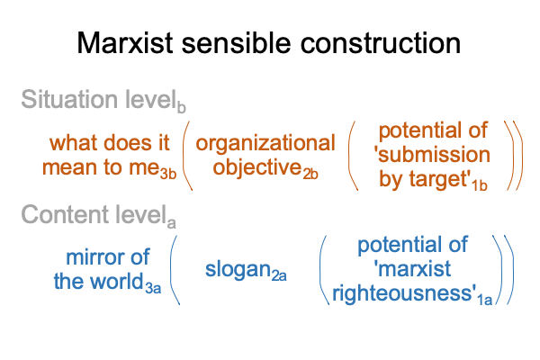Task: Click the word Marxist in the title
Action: (x=125, y=42)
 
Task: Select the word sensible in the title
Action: (x=236, y=42)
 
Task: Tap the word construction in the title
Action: (x=381, y=42)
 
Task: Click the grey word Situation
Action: (x=70, y=99)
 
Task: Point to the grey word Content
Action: (x=66, y=214)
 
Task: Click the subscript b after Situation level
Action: (x=182, y=107)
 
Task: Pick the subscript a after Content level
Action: (x=172, y=223)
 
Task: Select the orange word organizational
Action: (x=265, y=143)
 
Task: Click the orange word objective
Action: (x=257, y=167)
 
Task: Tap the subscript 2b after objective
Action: (x=310, y=175)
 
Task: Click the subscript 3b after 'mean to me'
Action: (x=168, y=174)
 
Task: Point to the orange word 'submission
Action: (x=432, y=155)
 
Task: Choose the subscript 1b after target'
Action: (x=480, y=185)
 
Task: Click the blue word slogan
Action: (x=238, y=269)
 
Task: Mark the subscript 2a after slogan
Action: (x=279, y=276)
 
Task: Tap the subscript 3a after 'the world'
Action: (x=153, y=288)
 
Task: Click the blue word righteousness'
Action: (x=404, y=293)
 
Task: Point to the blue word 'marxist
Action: (x=412, y=269)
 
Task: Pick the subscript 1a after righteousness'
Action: (x=484, y=300)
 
